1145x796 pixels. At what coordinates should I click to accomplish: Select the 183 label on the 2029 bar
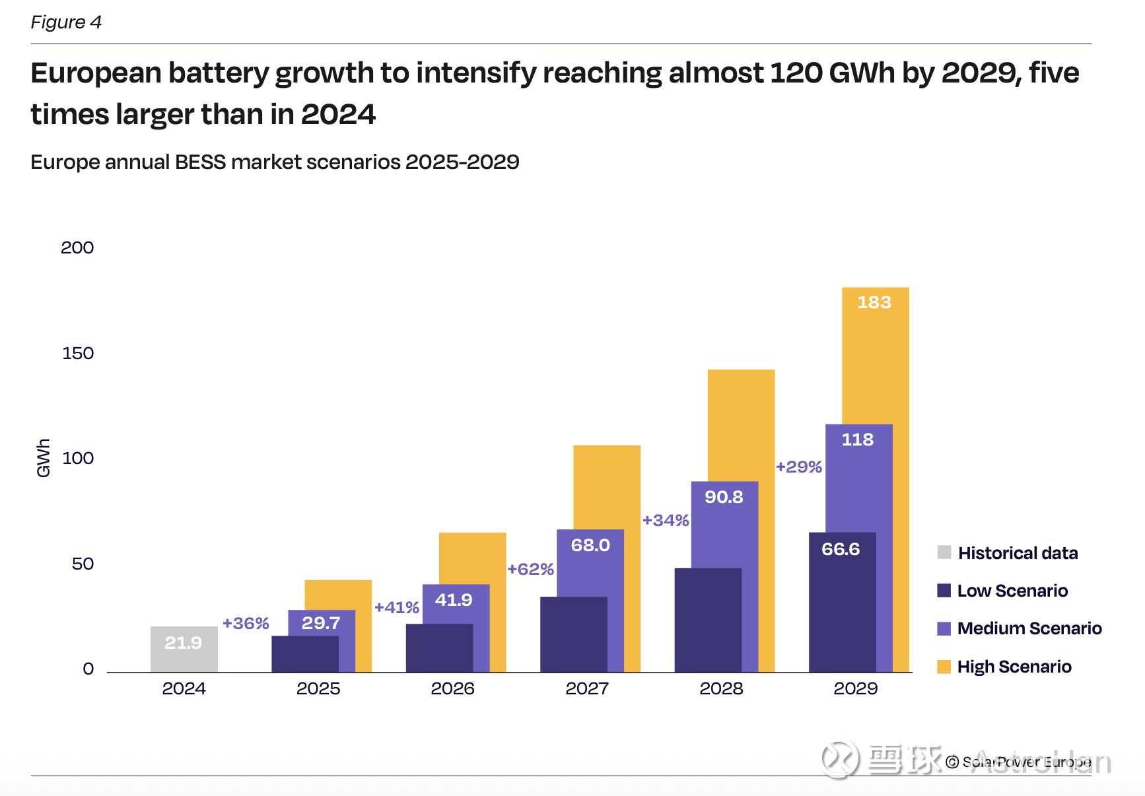(874, 302)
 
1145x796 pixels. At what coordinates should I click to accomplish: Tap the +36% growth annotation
(246, 623)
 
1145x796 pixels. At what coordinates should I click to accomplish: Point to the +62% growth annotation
(530, 569)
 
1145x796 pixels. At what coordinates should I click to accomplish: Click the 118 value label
(857, 440)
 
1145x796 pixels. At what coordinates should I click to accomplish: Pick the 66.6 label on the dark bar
(841, 549)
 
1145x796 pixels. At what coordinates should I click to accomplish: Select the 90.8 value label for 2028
(724, 497)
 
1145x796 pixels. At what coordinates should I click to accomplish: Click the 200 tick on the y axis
(77, 248)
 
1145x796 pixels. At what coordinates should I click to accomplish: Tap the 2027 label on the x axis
(587, 688)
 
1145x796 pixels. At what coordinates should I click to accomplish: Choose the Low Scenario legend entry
(1012, 591)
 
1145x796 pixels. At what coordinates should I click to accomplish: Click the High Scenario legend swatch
(944, 667)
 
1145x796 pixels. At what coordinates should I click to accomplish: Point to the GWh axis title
(44, 457)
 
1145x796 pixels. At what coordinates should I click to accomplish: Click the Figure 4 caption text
(66, 22)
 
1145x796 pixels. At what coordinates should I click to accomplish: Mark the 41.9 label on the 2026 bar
(454, 600)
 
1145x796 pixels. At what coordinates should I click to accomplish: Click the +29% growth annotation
(799, 467)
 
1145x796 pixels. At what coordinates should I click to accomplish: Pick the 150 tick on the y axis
(78, 353)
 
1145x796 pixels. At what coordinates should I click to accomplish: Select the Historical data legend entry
(1017, 553)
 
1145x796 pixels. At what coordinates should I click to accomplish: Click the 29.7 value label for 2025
(321, 623)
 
